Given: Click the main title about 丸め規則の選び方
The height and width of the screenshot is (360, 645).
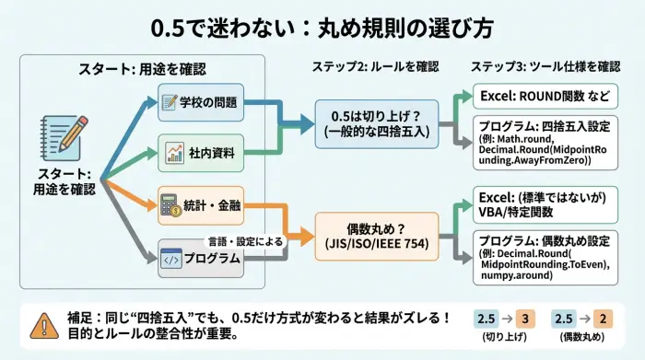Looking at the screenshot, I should pyautogui.click(x=322, y=27).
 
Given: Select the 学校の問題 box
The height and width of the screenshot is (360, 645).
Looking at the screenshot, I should pyautogui.click(x=201, y=102).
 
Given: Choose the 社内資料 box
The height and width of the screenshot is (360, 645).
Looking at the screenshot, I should pyautogui.click(x=201, y=150).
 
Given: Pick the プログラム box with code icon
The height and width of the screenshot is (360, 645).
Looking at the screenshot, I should pyautogui.click(x=201, y=258).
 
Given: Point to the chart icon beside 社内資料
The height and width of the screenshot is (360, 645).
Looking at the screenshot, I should pyautogui.click(x=172, y=150).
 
